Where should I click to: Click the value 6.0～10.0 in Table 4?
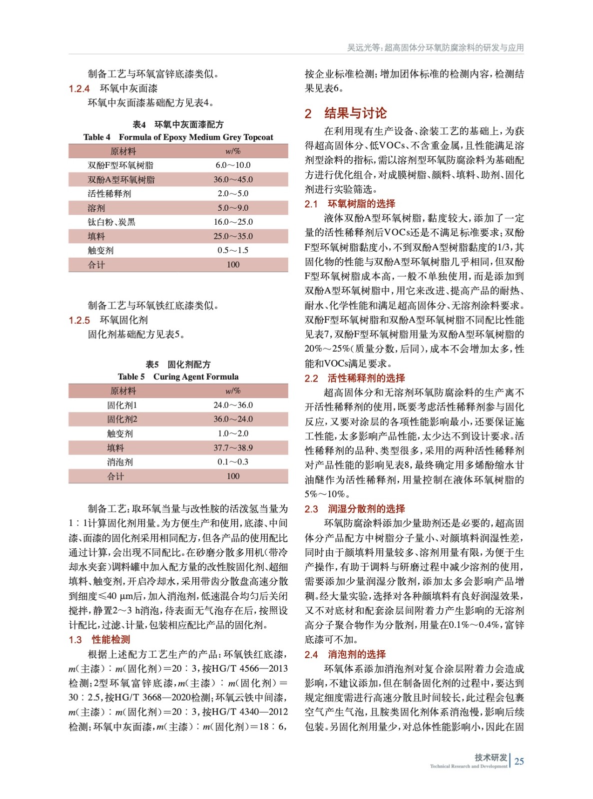(233, 165)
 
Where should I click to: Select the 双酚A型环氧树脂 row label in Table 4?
(121, 180)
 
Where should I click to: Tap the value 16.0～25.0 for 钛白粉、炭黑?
(233, 222)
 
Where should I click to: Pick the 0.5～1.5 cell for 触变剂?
(233, 251)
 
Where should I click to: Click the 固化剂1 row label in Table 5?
(121, 405)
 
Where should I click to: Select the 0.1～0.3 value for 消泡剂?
(233, 462)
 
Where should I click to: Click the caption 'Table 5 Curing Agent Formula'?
(178, 377)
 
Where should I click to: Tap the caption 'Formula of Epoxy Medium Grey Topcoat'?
(196, 137)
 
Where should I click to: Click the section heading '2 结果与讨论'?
(346, 113)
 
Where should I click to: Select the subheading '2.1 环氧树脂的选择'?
(350, 204)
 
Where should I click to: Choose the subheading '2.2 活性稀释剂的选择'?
(355, 379)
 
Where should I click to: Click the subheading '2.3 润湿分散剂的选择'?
(355, 509)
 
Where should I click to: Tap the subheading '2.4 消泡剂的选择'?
(345, 655)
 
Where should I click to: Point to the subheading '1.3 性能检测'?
(99, 640)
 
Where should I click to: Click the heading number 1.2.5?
(79, 321)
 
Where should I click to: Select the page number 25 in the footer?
(519, 762)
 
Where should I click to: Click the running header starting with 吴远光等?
(435, 48)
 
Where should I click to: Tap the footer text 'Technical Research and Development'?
(468, 767)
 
